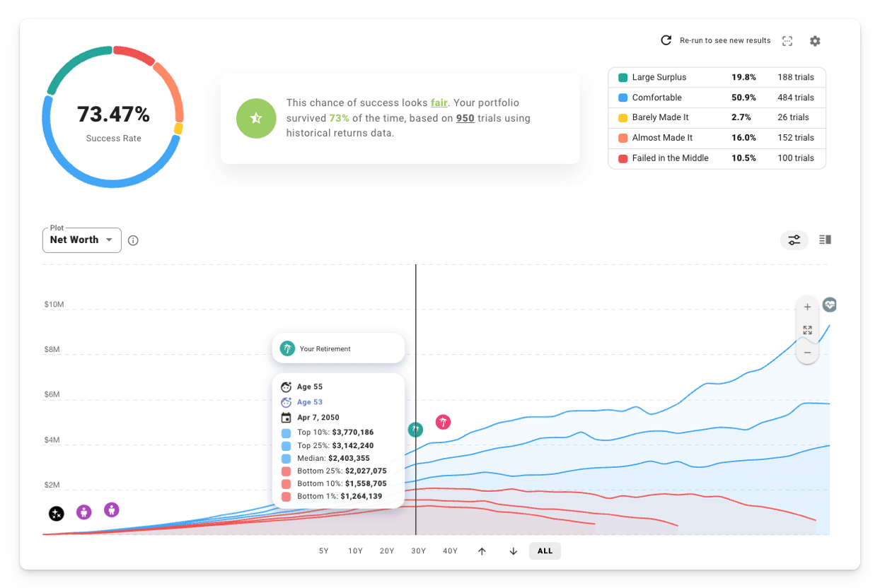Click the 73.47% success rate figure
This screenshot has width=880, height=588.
[113, 114]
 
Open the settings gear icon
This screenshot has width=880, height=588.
[815, 41]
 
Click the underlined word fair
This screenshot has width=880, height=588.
[439, 102]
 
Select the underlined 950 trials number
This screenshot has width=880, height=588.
[465, 118]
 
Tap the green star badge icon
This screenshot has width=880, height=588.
[256, 118]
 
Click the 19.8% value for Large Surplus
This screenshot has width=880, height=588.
[743, 77]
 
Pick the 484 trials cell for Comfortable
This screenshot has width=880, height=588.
[796, 98]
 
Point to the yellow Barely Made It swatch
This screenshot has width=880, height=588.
[623, 117]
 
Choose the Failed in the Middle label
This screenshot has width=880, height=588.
[670, 158]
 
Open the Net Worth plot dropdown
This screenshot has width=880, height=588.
[81, 240]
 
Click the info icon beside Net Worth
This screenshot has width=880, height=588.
[133, 240]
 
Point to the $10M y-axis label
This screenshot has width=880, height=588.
[54, 305]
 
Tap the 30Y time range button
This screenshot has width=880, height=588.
[419, 551]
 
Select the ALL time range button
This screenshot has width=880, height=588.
[545, 551]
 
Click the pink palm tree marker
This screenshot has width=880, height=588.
[443, 423]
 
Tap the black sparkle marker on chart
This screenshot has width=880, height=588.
[56, 514]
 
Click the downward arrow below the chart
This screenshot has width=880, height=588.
[514, 551]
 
